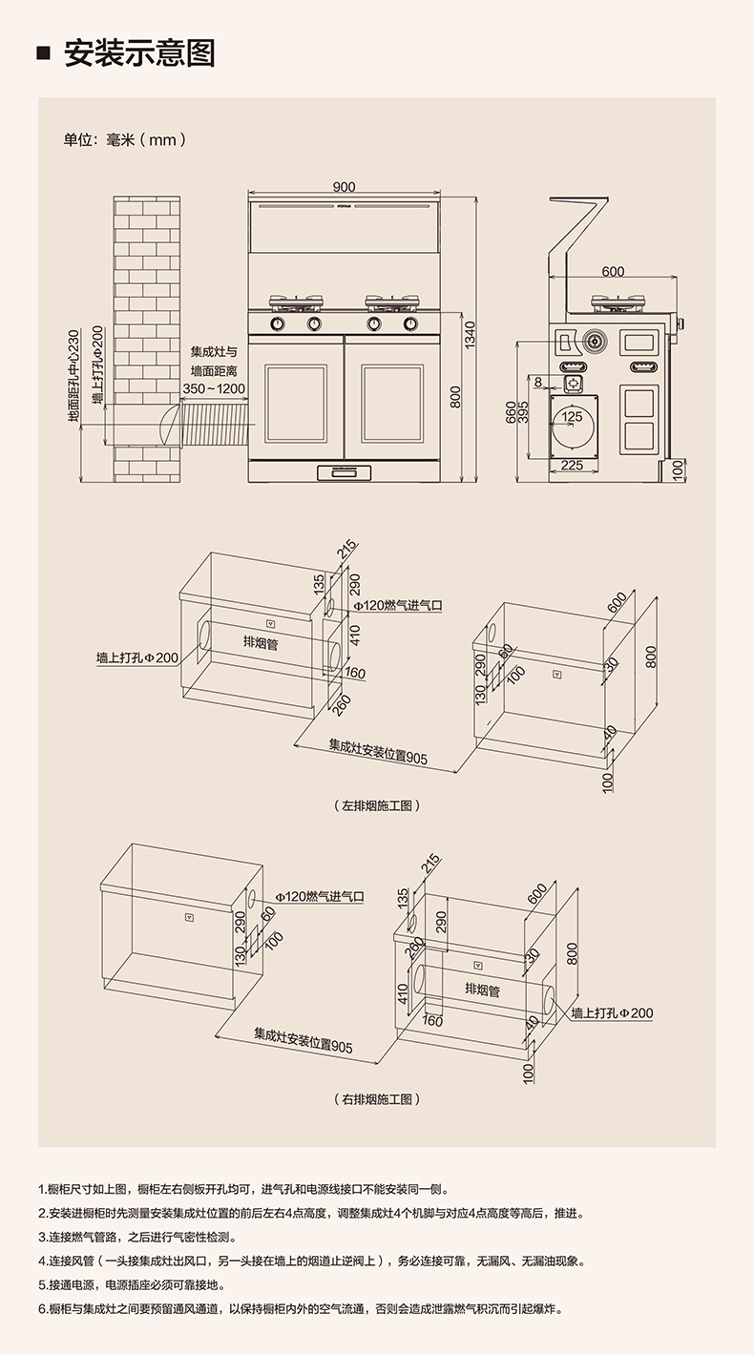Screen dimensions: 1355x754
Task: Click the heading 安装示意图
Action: coord(139,52)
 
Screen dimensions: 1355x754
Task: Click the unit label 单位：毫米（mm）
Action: coord(124,139)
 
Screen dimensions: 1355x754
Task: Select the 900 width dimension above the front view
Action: coord(345,186)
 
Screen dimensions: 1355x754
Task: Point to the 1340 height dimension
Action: coord(470,335)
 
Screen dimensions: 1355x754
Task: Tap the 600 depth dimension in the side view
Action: coord(613,272)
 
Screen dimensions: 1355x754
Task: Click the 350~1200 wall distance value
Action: coord(214,389)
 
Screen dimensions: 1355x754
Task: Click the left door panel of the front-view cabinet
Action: coord(296,404)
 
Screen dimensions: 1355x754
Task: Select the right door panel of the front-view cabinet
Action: coord(392,404)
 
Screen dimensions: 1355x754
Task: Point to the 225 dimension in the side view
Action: coord(571,465)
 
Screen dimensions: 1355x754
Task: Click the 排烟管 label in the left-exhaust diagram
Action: coord(261,643)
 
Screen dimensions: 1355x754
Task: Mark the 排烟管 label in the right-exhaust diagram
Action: coord(482,990)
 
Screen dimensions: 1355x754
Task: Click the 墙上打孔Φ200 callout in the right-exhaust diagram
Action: coord(612,1012)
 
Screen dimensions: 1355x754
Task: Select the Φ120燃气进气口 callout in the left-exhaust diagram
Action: coord(398,605)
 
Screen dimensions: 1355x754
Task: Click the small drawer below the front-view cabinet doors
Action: coord(345,471)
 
